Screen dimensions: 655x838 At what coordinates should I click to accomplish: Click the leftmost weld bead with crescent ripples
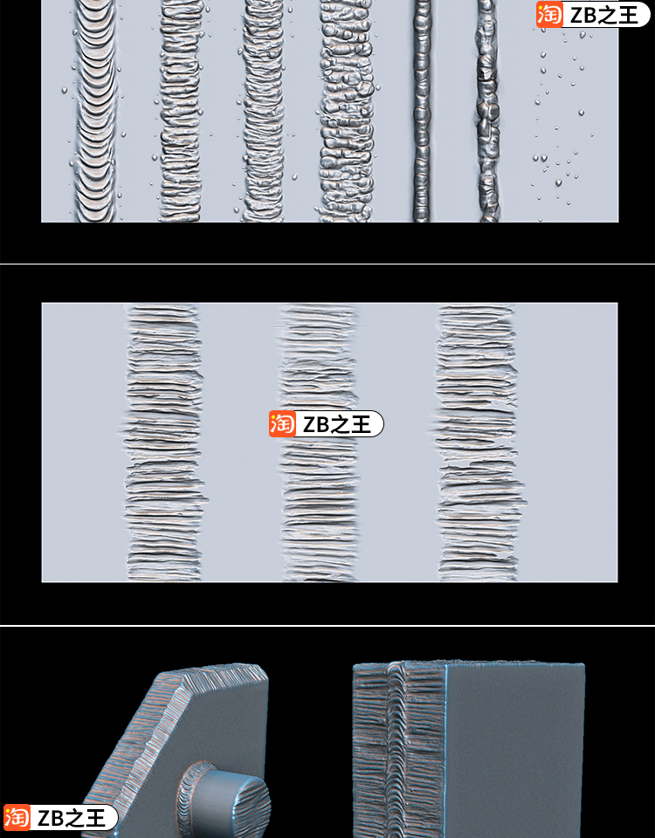pyautogui.click(x=94, y=111)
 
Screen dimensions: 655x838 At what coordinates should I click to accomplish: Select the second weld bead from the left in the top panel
pyautogui.click(x=181, y=111)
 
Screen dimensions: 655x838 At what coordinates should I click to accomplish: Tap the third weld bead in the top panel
pyautogui.click(x=263, y=111)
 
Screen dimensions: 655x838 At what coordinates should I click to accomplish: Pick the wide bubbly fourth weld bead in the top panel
pyautogui.click(x=347, y=111)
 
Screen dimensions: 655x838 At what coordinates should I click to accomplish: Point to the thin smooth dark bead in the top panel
pyautogui.click(x=421, y=111)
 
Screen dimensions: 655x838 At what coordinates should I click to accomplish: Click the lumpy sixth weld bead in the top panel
pyautogui.click(x=487, y=111)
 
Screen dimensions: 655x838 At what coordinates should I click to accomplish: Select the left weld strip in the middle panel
pyautogui.click(x=163, y=443)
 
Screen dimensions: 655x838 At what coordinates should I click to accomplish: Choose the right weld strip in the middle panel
pyautogui.click(x=477, y=443)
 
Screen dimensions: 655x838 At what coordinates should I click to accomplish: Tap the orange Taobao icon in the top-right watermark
pyautogui.click(x=550, y=15)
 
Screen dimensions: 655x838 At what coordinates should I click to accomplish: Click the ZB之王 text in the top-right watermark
pyautogui.click(x=603, y=15)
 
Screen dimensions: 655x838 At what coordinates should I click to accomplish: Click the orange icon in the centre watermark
pyautogui.click(x=282, y=424)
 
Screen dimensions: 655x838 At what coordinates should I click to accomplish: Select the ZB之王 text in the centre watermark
pyautogui.click(x=336, y=424)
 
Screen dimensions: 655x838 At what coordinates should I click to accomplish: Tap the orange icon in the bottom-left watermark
pyautogui.click(x=17, y=818)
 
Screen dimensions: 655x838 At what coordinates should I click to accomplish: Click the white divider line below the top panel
pyautogui.click(x=327, y=264)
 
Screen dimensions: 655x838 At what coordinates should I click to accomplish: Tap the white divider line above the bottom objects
pyautogui.click(x=327, y=625)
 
